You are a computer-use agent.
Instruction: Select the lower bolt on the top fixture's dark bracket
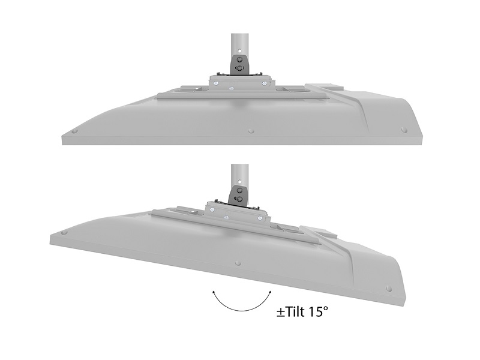239,68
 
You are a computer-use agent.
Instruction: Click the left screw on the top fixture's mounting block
217,83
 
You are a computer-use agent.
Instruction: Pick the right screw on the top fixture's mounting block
263,83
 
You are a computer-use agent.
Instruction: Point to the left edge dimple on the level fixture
74,131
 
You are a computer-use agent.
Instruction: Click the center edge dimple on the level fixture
251,131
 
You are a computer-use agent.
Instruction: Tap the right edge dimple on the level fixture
404,130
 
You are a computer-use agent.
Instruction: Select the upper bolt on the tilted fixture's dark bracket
239,190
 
